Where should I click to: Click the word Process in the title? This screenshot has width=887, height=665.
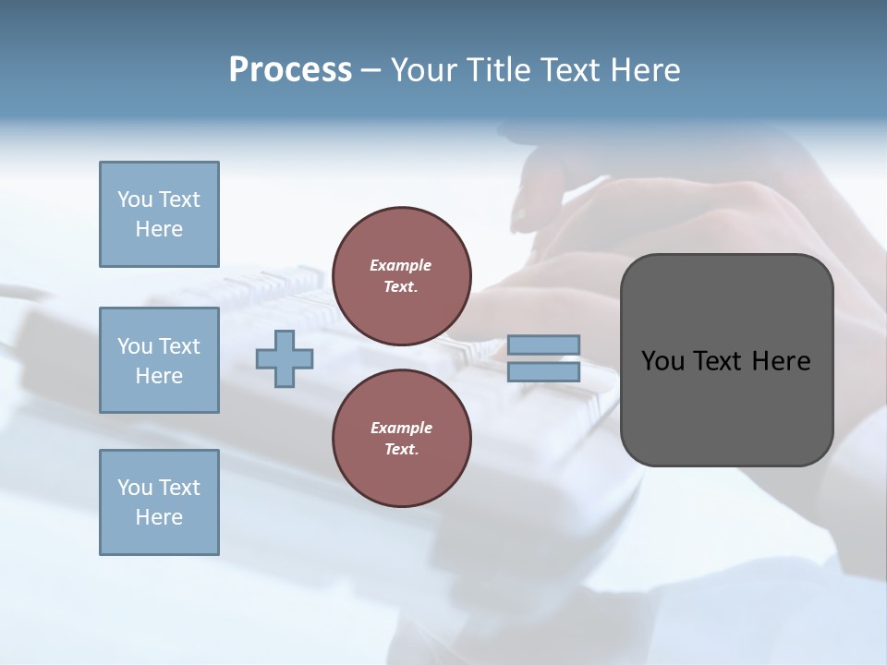pos(290,70)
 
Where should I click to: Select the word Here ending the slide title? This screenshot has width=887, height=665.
pos(645,70)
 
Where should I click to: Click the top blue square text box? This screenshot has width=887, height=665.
pos(159,214)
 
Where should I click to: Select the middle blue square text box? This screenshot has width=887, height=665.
pos(159,360)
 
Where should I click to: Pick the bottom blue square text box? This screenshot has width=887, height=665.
pos(159,502)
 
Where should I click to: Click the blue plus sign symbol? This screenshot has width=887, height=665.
pos(285,358)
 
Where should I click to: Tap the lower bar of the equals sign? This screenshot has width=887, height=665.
pos(543,372)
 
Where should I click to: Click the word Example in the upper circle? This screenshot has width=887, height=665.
pos(401,265)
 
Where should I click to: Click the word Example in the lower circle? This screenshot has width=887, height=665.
pos(401,428)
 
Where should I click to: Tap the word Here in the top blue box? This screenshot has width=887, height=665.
pos(159,229)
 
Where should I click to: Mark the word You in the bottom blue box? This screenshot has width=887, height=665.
pos(135,487)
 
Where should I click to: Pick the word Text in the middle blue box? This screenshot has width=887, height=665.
pos(178,346)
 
